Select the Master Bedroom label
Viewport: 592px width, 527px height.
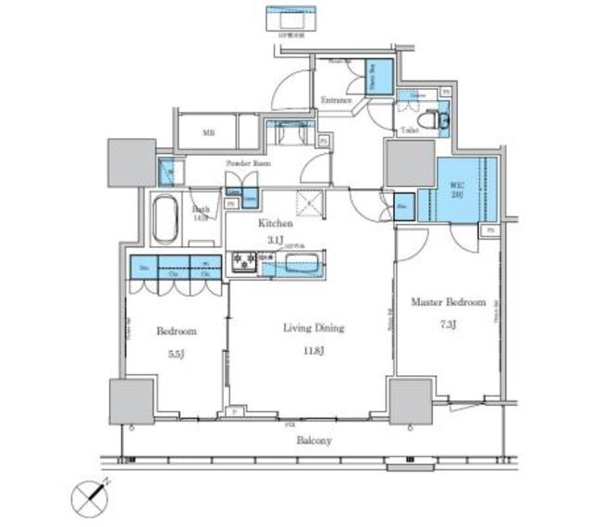tap(448, 303)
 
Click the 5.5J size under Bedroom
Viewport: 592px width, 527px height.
tap(175, 352)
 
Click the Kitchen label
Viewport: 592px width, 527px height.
tap(275, 224)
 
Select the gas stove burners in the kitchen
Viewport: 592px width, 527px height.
tap(245, 263)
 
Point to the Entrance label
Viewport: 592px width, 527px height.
tap(337, 99)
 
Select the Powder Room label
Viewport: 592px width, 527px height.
tap(247, 164)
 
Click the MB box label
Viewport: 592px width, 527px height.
tap(209, 132)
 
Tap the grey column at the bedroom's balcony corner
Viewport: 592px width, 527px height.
tap(131, 400)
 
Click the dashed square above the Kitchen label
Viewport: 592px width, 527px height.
tap(305, 202)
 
